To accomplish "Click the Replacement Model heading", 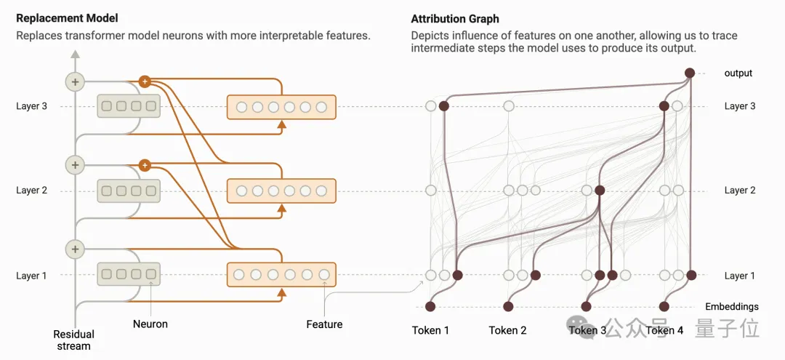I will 67,18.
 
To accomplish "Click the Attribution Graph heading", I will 455,18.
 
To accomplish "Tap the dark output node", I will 690,73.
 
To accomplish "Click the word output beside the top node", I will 738,73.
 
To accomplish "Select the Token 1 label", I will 430,330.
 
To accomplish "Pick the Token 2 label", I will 508,330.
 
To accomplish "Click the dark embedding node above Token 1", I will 430,306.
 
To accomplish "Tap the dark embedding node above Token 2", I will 509,306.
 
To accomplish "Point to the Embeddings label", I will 732,307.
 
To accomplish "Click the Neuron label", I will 150,324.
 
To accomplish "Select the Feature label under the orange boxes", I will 324,324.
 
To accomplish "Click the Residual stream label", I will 74,340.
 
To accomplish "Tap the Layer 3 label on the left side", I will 32,106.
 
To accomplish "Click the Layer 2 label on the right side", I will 740,191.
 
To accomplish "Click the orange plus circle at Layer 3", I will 145,81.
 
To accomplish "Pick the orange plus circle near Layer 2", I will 145,165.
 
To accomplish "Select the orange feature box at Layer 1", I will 281,275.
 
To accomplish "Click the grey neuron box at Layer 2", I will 129,191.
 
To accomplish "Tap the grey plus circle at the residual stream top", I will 75,81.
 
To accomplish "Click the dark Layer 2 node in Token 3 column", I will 600,191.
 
